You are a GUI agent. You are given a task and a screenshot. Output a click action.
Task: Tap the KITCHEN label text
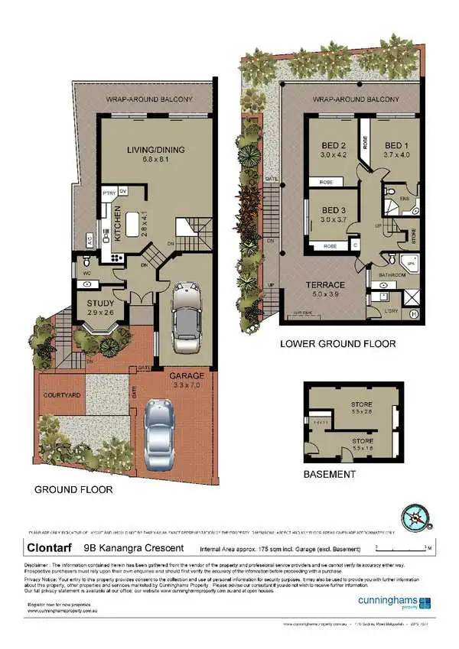tap(119, 224)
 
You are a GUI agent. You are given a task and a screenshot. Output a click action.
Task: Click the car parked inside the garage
tap(187, 312)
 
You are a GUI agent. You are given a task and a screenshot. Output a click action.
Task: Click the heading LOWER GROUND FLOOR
tap(337, 344)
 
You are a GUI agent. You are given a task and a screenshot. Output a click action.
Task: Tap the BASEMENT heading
tap(329, 474)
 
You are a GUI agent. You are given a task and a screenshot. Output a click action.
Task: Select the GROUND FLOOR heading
tap(73, 489)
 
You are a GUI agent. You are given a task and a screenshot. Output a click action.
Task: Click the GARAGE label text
tap(187, 377)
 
